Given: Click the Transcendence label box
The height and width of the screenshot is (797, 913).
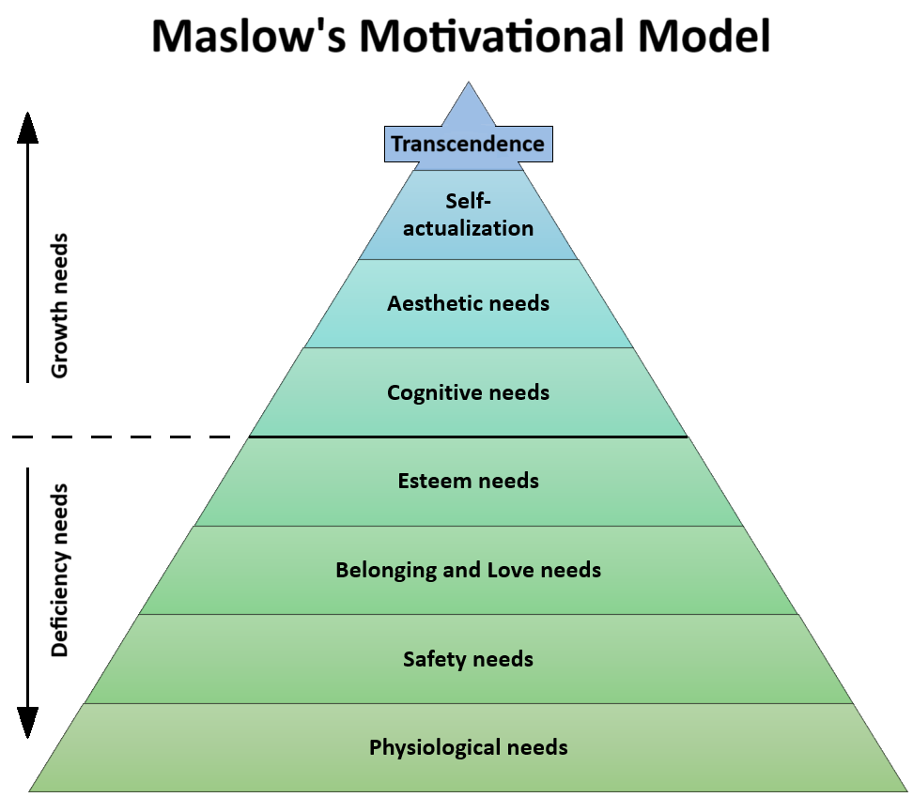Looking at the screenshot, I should (468, 145).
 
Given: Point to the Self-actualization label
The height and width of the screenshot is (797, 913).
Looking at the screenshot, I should (468, 214).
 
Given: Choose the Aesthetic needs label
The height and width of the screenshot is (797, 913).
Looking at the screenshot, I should (468, 303).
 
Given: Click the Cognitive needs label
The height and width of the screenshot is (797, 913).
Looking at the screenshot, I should (468, 392).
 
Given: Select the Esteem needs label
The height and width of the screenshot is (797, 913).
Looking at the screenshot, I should (468, 481).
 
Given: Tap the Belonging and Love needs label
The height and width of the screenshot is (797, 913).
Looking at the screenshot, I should (468, 570).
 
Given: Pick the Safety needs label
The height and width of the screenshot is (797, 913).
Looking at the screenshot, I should (468, 659).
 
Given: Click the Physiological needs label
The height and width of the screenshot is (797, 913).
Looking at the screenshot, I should (468, 747).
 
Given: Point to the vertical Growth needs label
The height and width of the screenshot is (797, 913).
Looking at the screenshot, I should (59, 305).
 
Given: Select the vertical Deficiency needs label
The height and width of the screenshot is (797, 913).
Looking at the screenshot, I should (59, 570).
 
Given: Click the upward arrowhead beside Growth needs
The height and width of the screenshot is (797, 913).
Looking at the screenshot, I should (28, 126).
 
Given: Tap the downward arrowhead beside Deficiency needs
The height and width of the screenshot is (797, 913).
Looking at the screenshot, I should (28, 723).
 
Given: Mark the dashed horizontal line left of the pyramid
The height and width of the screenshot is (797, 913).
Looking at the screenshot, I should (122, 437).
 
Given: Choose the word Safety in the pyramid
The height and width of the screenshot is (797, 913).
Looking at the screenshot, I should (435, 659).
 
